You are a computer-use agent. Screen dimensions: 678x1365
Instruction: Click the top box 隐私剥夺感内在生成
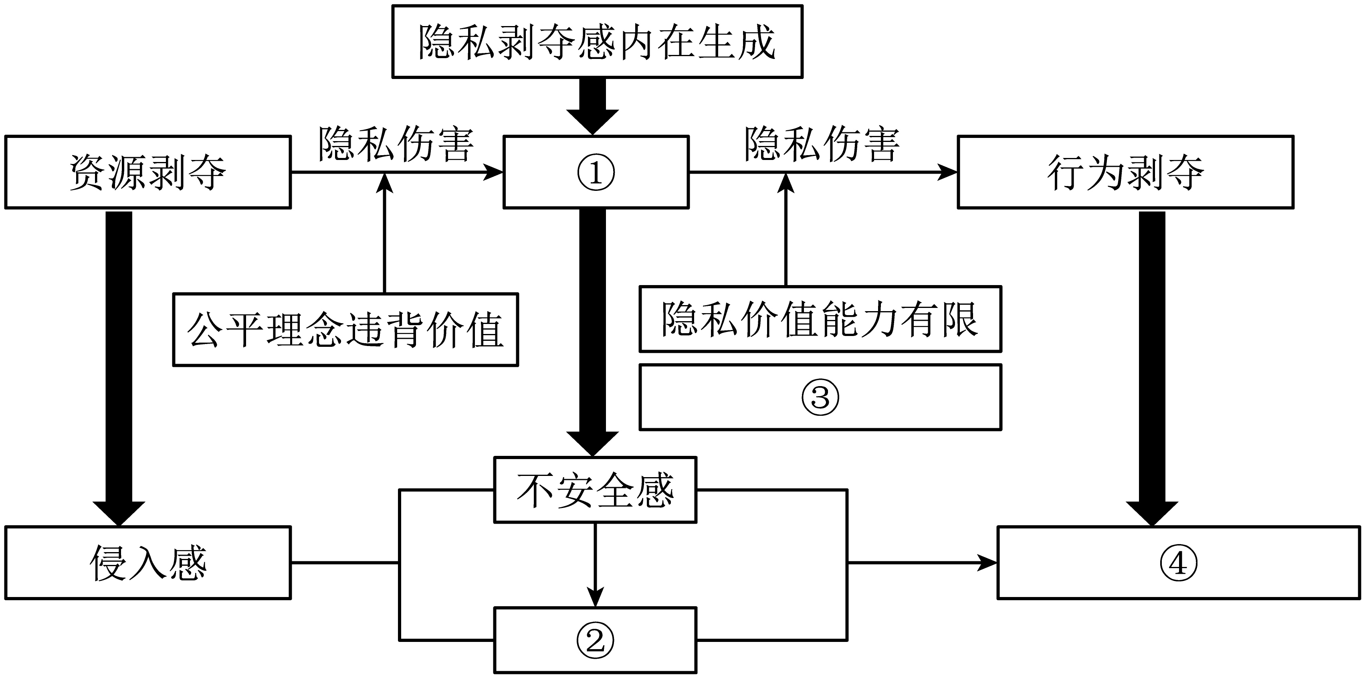597,42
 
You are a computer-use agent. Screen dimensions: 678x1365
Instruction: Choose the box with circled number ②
595,640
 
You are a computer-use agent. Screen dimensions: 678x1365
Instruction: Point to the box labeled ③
820,397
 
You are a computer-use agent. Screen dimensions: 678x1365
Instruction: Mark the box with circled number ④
1179,563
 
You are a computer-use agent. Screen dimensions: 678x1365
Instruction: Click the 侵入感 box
148,563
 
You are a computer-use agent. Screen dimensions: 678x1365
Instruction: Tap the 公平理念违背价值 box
345,329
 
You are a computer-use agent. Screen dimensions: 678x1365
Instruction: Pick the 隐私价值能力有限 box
820,319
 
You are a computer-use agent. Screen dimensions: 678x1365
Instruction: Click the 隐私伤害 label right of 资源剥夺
396,144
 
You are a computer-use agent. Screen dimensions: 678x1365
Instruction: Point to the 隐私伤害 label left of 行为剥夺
822,144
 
